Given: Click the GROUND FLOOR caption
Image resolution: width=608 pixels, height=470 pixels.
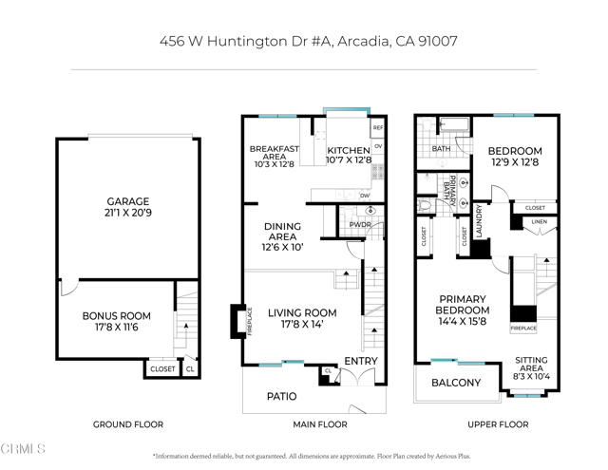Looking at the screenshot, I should [127, 424].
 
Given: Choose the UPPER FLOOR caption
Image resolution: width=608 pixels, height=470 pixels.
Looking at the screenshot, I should [499, 424].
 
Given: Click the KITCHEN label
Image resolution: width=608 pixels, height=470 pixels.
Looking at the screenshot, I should [348, 151].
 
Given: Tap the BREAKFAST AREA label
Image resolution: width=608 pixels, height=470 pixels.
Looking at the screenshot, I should [275, 156].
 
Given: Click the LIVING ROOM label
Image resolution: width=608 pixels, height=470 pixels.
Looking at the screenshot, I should [302, 318].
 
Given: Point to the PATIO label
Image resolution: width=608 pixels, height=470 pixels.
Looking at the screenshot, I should [280, 397].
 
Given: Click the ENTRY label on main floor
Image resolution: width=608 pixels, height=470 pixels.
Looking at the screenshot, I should [360, 362].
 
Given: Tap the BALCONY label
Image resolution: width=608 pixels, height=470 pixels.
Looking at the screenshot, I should [456, 384].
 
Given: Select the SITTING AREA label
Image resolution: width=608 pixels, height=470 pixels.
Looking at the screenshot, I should [530, 367].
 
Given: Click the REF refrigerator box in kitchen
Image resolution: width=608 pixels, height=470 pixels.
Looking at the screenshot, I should [377, 127].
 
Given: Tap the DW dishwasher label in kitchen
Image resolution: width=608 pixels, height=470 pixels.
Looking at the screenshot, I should [365, 196].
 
